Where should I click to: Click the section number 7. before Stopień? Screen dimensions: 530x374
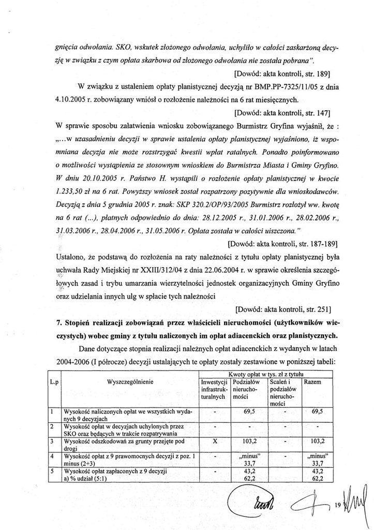[x=59, y=323]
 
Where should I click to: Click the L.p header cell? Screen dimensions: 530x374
[x=53, y=382]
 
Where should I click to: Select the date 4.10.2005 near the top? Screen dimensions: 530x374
[x=72, y=98]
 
